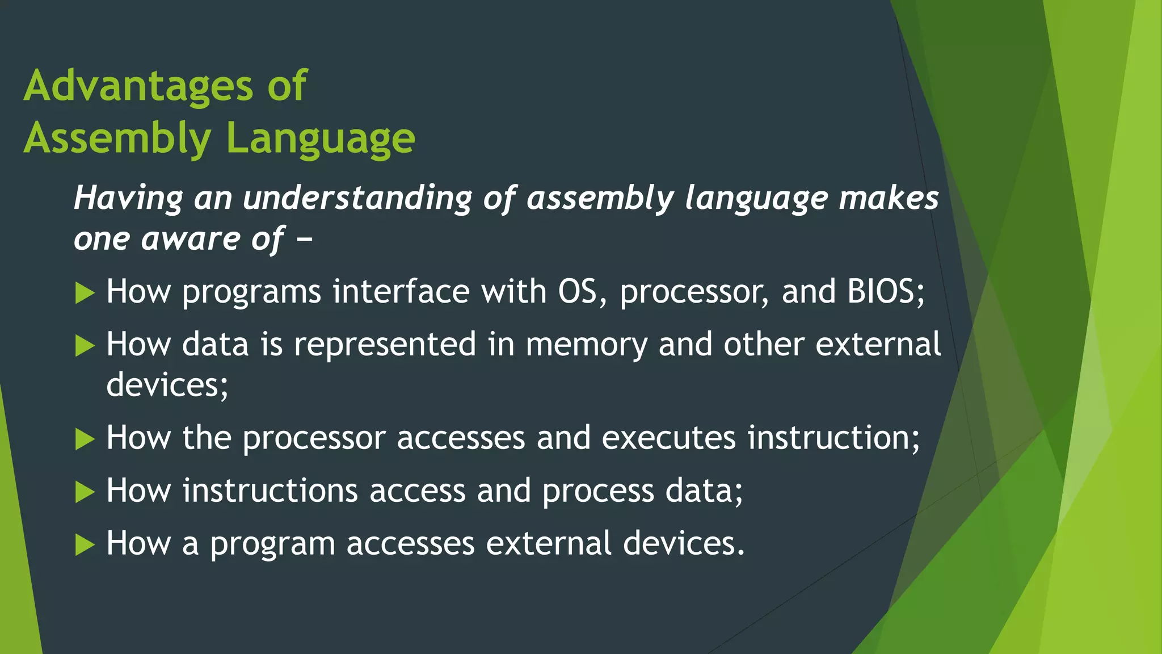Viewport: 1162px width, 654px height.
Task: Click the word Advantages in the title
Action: pyautogui.click(x=138, y=86)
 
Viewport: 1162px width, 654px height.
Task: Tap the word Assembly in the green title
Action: pyautogui.click(x=117, y=139)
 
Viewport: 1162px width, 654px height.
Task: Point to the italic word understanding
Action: pyautogui.click(x=357, y=199)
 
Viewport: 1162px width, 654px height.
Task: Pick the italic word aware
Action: pyautogui.click(x=191, y=239)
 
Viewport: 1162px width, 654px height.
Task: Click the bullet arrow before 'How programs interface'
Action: pyautogui.click(x=85, y=294)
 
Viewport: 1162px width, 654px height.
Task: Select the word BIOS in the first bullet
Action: pyautogui.click(x=886, y=292)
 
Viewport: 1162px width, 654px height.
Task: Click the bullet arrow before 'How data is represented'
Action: pyautogui.click(x=85, y=346)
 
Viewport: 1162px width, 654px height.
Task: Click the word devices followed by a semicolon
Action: pyautogui.click(x=167, y=385)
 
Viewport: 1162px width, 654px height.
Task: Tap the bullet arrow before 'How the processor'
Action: pyautogui.click(x=85, y=439)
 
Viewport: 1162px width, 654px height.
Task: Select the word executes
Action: pyautogui.click(x=668, y=438)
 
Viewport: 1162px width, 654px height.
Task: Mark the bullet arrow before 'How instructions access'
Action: pyautogui.click(x=85, y=492)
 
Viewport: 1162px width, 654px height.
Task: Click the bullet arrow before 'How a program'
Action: pyautogui.click(x=85, y=545)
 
